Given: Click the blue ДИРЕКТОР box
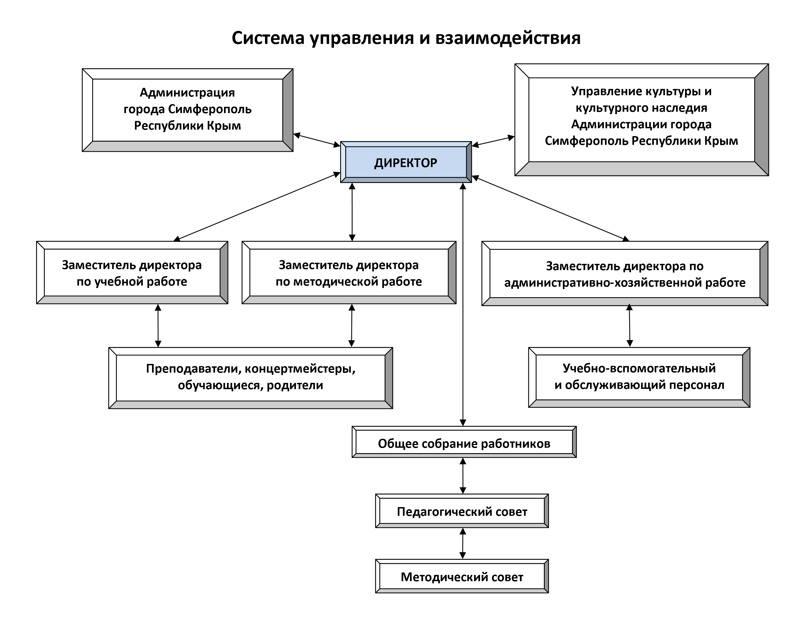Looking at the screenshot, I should click(406, 162).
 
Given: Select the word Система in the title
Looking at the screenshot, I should click(268, 38).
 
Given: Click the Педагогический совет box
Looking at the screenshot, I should click(462, 511).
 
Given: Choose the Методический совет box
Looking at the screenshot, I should click(462, 577).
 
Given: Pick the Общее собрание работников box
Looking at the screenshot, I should click(464, 443).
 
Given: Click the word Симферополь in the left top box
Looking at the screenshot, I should click(210, 109).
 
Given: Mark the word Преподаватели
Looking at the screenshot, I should click(193, 368).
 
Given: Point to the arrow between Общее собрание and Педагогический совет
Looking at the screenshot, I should click(463, 476).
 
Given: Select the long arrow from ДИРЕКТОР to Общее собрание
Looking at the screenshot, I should click(463, 304).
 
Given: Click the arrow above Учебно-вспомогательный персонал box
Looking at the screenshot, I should click(630, 326).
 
